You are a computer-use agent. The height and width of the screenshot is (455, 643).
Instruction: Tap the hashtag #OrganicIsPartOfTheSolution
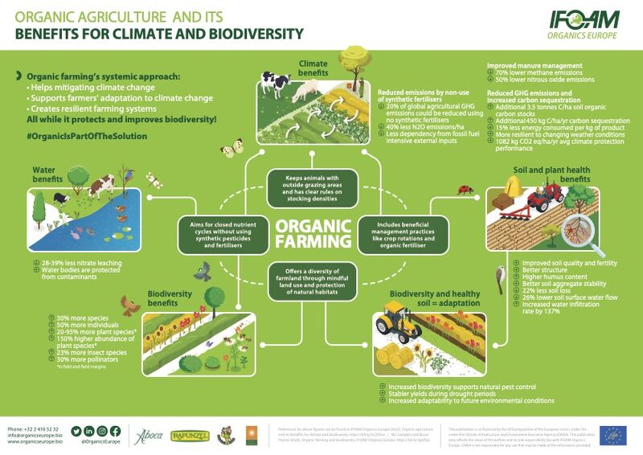point(87,136)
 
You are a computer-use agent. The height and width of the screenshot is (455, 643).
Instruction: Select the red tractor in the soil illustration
point(547,197)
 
